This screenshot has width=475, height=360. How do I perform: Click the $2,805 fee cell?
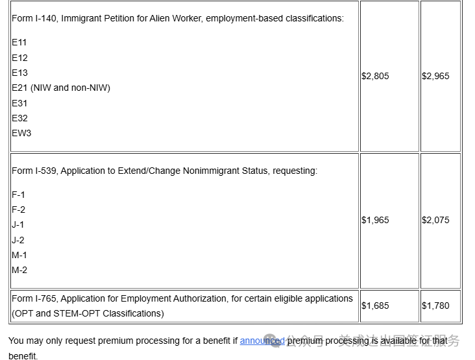[375, 76]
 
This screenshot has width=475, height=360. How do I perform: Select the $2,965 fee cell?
[435, 76]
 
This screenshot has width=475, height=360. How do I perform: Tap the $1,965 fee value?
[375, 220]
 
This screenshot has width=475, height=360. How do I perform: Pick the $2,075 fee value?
[435, 220]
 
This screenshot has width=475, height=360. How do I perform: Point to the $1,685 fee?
[375, 306]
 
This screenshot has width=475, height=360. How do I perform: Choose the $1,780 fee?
[435, 306]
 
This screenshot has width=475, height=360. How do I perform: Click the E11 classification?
[19, 42]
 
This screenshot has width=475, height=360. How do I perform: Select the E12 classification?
[19, 58]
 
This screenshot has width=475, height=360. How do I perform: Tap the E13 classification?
[19, 73]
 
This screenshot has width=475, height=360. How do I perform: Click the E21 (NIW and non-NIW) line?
[61, 88]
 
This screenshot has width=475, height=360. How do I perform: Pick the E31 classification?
[19, 103]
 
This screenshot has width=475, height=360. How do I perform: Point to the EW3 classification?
[21, 133]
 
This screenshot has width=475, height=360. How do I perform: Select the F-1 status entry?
[19, 195]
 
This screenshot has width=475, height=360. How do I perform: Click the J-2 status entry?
[19, 240]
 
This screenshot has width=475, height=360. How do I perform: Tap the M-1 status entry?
[19, 255]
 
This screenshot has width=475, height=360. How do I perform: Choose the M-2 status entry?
[19, 270]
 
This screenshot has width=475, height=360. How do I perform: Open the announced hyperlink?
[262, 341]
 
